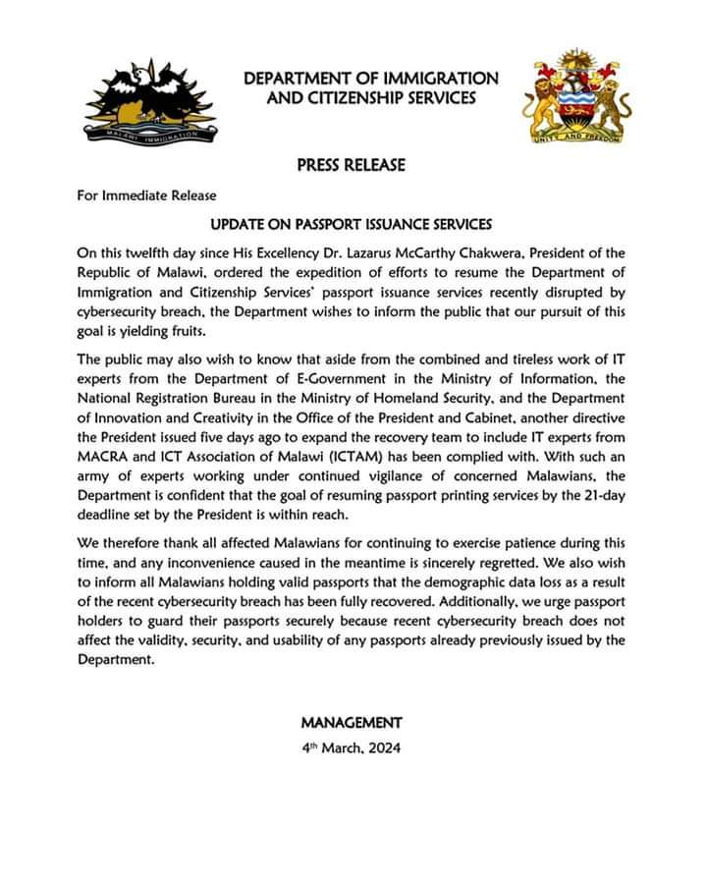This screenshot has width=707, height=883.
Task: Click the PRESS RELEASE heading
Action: click(351, 165)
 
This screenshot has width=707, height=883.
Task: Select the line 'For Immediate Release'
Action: click(147, 194)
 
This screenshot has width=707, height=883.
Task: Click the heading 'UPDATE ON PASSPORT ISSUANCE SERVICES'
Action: click(352, 224)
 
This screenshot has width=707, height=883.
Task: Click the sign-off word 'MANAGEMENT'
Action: click(352, 722)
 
